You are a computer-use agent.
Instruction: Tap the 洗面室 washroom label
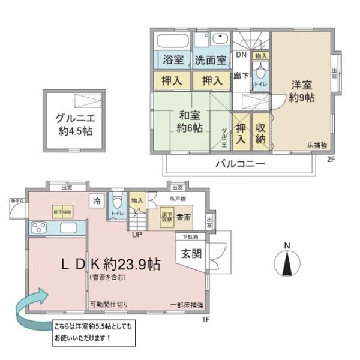[x=211, y=60]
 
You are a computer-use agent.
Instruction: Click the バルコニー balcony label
[x=238, y=164]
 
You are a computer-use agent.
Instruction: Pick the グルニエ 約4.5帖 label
[x=74, y=122]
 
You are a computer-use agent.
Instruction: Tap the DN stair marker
[x=241, y=55]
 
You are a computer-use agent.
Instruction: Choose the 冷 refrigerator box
[x=96, y=201]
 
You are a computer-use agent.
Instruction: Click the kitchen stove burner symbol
[x=40, y=228]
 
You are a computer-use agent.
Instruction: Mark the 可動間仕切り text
[x=109, y=304]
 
